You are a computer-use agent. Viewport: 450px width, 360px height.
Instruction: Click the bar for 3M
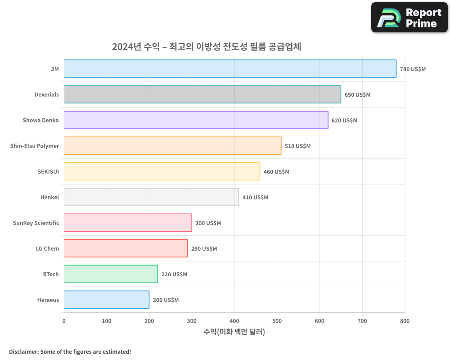pyautogui.click(x=230, y=69)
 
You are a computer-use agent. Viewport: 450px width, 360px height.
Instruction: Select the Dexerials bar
pyautogui.click(x=202, y=94)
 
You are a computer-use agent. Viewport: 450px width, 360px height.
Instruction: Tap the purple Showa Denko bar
pyautogui.click(x=196, y=120)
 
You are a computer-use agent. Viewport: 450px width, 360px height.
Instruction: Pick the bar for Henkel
pyautogui.click(x=151, y=197)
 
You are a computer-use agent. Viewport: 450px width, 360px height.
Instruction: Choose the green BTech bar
pyautogui.click(x=111, y=274)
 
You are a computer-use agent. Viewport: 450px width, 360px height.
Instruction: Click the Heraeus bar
pyautogui.click(x=106, y=300)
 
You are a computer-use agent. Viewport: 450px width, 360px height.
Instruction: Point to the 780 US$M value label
pyautogui.click(x=413, y=69)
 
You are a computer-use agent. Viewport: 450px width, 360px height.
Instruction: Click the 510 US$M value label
pyautogui.click(x=297, y=146)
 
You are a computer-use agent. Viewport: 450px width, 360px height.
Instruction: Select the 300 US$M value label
pyautogui.click(x=208, y=223)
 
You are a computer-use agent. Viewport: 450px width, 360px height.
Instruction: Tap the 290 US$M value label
pyautogui.click(x=204, y=249)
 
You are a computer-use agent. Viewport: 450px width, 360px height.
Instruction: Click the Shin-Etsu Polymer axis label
pyautogui.click(x=35, y=146)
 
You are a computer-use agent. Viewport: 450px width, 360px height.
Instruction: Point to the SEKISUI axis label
pyautogui.click(x=48, y=171)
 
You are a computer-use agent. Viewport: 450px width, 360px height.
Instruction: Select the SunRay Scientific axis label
pyautogui.click(x=36, y=223)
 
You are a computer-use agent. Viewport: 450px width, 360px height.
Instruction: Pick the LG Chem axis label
pyautogui.click(x=47, y=248)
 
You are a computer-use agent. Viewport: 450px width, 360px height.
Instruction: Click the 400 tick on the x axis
pyautogui.click(x=234, y=321)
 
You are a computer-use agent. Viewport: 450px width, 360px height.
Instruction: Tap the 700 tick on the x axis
pyautogui.click(x=362, y=321)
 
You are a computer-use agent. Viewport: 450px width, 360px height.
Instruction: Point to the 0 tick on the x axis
pyautogui.click(x=64, y=321)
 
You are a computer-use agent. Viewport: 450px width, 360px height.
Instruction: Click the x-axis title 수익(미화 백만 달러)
pyautogui.click(x=234, y=332)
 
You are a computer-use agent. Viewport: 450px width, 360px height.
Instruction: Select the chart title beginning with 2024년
pyautogui.click(x=207, y=47)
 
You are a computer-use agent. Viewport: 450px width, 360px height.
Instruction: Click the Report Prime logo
pyautogui.click(x=409, y=18)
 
